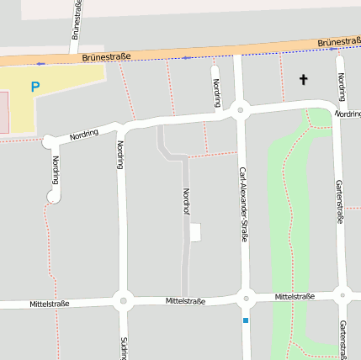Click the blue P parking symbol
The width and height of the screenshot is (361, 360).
[35, 87]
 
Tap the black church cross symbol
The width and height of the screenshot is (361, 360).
[303, 80]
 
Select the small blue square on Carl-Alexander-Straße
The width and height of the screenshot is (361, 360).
[246, 320]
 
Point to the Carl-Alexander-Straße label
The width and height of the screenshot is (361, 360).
[242, 204]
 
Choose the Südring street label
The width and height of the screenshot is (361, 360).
[124, 348]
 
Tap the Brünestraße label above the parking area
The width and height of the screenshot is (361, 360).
[107, 57]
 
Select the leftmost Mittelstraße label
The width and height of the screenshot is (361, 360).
[49, 303]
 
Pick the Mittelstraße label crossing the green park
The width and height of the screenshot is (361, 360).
[295, 296]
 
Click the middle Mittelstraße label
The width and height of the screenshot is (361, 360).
[186, 300]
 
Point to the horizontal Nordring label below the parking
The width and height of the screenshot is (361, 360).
[84, 134]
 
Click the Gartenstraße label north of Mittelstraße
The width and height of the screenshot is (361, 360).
[340, 202]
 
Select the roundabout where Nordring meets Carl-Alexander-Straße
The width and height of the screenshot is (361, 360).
[240, 109]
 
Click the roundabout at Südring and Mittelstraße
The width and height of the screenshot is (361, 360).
[123, 299]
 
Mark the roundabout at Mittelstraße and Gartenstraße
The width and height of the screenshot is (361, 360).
[342, 295]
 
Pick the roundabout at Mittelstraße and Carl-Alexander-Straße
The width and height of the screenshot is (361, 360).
[246, 297]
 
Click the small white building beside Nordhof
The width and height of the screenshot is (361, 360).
[195, 232]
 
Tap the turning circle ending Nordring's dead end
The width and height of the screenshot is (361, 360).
[55, 197]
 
